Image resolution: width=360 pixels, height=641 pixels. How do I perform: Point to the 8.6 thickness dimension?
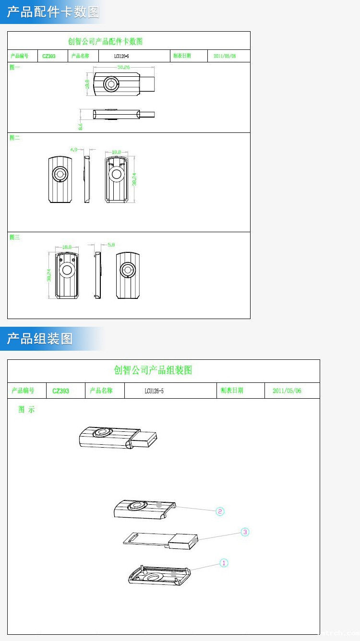point(81,126)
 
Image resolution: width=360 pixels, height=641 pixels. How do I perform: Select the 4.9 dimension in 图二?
point(73,150)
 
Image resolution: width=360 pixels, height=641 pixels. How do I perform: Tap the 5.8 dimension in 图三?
point(111,245)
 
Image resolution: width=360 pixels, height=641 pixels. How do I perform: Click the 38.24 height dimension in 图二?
point(135,178)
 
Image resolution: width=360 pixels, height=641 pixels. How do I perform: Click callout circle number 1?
point(224,563)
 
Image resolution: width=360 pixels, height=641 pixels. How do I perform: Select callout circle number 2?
point(220,511)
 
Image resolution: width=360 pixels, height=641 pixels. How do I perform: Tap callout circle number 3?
point(245,532)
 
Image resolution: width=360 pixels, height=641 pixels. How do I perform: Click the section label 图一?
point(15,68)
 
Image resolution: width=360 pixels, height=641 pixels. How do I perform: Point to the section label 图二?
point(15,138)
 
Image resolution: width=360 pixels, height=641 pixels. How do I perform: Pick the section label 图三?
point(15,237)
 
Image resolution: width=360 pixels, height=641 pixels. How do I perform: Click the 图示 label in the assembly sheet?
point(26,410)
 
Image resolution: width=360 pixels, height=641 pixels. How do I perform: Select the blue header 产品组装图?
point(40,339)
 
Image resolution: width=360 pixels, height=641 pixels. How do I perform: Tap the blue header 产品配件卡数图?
point(53,12)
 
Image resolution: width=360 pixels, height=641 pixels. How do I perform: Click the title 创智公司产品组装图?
point(153,370)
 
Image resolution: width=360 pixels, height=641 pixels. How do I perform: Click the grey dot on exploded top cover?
point(159,505)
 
